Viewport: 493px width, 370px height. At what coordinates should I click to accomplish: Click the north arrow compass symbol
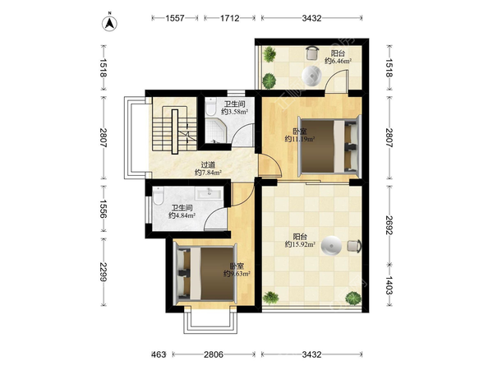coord(109,23)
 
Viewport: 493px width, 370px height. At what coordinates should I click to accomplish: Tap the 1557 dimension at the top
coord(175,18)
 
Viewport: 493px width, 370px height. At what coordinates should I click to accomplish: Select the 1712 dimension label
coord(229,18)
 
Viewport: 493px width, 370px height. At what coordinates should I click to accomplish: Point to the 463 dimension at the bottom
coord(159,354)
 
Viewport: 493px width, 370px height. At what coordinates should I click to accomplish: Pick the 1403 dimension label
coord(389,285)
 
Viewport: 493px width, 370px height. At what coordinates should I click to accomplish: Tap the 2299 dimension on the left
coord(104,271)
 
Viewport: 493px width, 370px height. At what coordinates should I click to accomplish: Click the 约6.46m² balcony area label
coord(338,61)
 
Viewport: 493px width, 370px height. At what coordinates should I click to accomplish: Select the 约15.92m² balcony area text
coord(300,244)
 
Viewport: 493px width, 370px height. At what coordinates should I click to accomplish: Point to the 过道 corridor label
coord(208,165)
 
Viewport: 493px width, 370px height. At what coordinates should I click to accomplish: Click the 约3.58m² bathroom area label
coord(234,111)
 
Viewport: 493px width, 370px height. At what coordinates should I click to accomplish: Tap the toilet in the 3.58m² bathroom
coord(210,106)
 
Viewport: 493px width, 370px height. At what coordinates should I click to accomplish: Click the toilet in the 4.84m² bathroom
coord(158,196)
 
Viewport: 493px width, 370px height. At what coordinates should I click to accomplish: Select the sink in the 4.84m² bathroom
coord(209,193)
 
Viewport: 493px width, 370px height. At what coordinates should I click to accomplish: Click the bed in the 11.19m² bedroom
coord(329,145)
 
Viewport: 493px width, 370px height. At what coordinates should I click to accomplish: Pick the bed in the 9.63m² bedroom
coord(205,273)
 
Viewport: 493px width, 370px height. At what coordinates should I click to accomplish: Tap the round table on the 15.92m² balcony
coord(331,245)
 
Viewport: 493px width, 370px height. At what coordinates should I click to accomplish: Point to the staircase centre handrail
coord(175,132)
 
